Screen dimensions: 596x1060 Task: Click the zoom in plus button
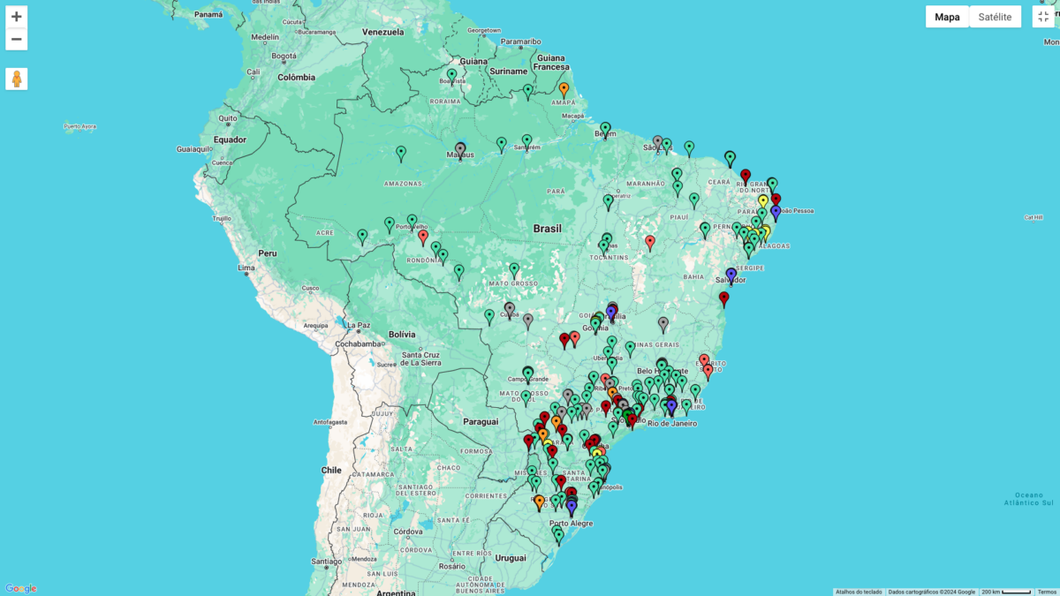(16, 17)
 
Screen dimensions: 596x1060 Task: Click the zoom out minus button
(16, 39)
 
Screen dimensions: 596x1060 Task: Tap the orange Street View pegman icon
(16, 79)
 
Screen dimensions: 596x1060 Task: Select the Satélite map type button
(995, 17)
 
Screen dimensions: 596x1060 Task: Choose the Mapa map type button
(947, 17)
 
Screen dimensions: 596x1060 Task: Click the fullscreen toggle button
(1043, 17)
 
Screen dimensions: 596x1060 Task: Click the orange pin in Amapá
(564, 89)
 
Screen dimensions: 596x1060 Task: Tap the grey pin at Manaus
(460, 149)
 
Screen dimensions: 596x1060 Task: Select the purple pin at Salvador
(731, 275)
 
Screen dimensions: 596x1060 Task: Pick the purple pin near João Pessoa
(776, 212)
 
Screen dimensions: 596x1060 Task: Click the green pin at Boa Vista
(452, 75)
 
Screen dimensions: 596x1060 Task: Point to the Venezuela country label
(382, 33)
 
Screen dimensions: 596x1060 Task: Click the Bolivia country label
(402, 334)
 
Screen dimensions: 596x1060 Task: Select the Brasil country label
(547, 229)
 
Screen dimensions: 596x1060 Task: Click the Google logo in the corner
(21, 588)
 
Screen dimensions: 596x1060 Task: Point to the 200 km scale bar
(1007, 592)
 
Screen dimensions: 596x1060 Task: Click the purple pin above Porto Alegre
(572, 508)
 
